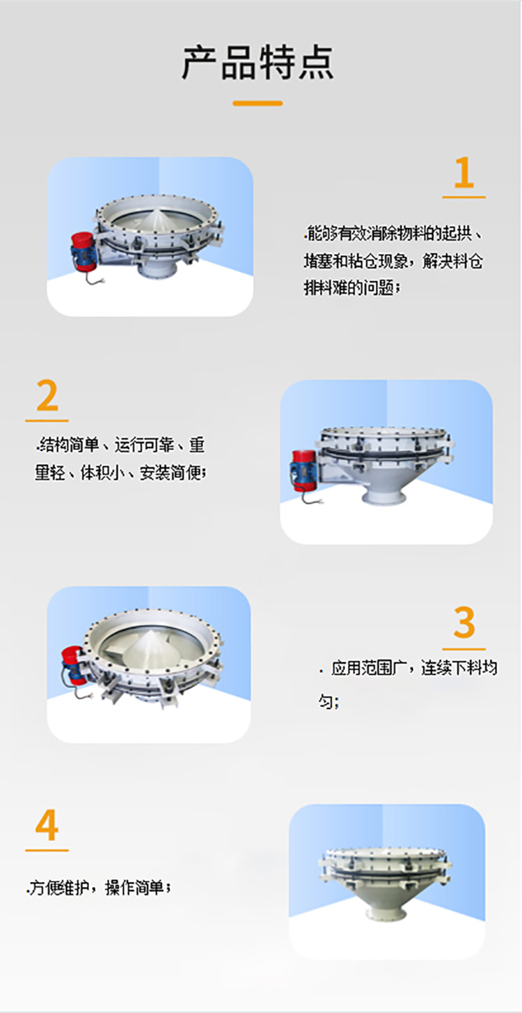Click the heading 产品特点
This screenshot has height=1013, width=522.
pos(258,63)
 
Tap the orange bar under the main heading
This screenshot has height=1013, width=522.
pos(258,103)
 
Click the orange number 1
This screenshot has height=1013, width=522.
pos(464,173)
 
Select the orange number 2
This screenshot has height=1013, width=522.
pos(47,397)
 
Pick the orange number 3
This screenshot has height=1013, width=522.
pos(464,623)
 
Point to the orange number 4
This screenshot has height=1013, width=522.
pos(47,826)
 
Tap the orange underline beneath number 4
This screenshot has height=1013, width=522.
pos(47,850)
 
